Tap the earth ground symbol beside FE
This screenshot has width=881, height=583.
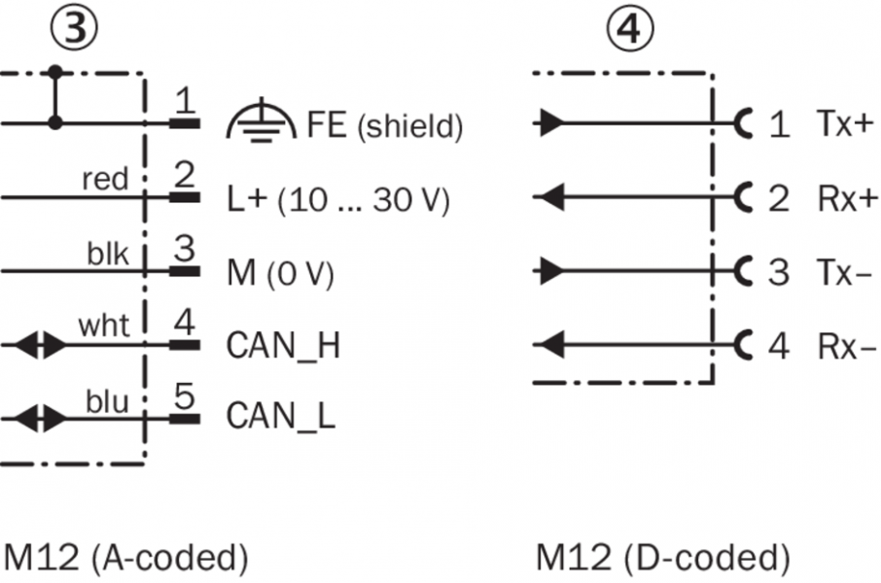pyautogui.click(x=254, y=122)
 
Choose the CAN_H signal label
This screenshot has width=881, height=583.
pyautogui.click(x=283, y=345)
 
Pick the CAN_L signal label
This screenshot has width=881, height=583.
pyautogui.click(x=281, y=417)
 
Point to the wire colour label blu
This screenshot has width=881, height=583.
pyautogui.click(x=105, y=398)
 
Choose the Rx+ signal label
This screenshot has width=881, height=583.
pyautogui.click(x=841, y=198)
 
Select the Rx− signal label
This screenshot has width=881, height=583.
pyautogui.click(x=841, y=345)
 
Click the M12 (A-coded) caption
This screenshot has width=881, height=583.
pyautogui.click(x=125, y=558)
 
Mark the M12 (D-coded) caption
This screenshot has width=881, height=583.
pyautogui.click(x=661, y=558)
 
